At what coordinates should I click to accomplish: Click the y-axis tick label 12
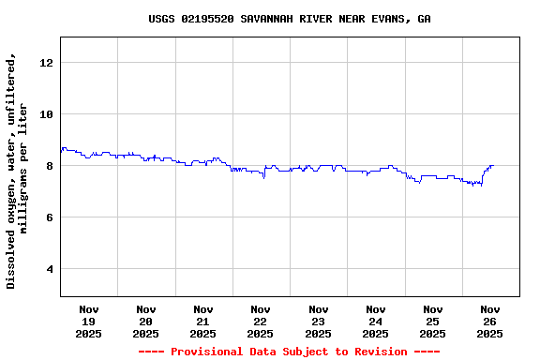pyautogui.click(x=47, y=63)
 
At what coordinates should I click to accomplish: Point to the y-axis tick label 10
pyautogui.click(x=47, y=114)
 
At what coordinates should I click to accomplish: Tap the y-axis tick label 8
pyautogui.click(x=50, y=166)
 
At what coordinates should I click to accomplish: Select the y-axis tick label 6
pyautogui.click(x=50, y=217)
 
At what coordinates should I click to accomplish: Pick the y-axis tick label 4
pyautogui.click(x=50, y=270)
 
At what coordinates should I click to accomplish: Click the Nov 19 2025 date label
pyautogui.click(x=89, y=321)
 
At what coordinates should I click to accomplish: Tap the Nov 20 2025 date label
pyautogui.click(x=146, y=321)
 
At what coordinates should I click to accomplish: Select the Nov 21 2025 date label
pyautogui.click(x=203, y=321)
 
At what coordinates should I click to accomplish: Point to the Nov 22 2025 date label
pyautogui.click(x=261, y=321)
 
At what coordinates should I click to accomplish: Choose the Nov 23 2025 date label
pyautogui.click(x=318, y=321)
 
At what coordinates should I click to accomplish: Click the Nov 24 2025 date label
pyautogui.click(x=375, y=321)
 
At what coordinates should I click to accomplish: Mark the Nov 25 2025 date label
pyautogui.click(x=432, y=321)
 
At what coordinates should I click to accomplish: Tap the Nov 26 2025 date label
pyautogui.click(x=489, y=321)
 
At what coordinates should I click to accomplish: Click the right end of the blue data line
pyautogui.click(x=493, y=165)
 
